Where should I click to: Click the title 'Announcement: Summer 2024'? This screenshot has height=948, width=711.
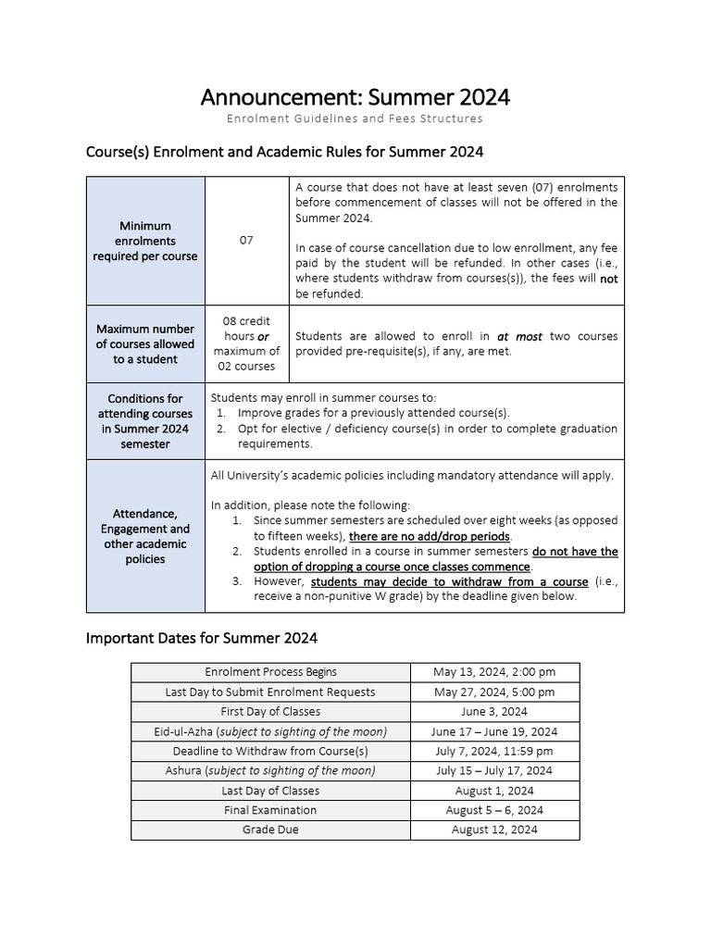(355, 97)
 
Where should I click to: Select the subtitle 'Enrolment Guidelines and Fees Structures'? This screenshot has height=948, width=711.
(355, 118)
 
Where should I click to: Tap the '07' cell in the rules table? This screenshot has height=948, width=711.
(246, 240)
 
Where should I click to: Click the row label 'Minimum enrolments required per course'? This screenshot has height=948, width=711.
(145, 241)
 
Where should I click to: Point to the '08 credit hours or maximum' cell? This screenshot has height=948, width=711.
(246, 343)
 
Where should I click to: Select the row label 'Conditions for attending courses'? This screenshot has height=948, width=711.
(145, 421)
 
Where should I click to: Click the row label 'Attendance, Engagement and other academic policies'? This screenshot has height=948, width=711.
(145, 536)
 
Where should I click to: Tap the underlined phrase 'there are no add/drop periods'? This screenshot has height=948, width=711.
(429, 536)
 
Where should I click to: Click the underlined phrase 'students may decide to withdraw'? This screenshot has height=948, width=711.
(450, 581)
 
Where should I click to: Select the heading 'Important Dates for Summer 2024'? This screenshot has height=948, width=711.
(202, 638)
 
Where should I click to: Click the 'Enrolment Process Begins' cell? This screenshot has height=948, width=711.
(270, 672)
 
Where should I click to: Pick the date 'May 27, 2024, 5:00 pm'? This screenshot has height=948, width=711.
(494, 692)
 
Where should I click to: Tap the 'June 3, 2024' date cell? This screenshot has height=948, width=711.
(494, 711)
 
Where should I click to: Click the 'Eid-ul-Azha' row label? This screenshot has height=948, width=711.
(270, 731)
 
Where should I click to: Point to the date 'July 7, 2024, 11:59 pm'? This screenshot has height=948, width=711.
(494, 751)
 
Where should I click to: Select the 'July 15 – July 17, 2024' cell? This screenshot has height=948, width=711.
(494, 770)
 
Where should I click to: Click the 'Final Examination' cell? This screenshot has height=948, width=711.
(270, 810)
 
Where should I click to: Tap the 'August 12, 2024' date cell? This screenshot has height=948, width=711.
(494, 829)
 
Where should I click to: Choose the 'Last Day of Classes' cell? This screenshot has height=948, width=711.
(270, 791)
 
